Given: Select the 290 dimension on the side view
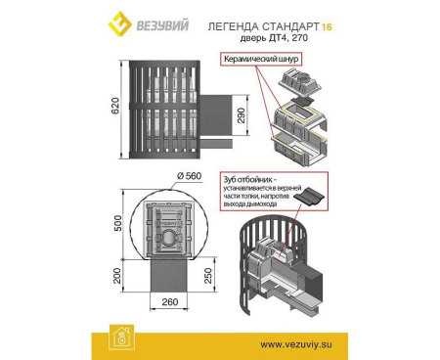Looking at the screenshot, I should pyautogui.click(x=253, y=117).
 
